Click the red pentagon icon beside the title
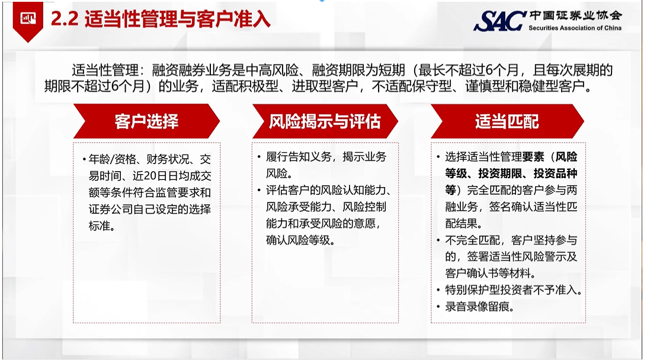[28, 21]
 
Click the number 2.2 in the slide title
[65, 19]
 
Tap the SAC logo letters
[499, 21]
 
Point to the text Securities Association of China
[575, 28]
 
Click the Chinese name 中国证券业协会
[576, 15]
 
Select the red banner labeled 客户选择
[146, 121]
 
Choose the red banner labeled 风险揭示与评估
[325, 121]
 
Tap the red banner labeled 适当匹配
[507, 121]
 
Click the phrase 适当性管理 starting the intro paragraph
[105, 70]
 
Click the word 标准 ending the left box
[100, 226]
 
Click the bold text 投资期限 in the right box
[500, 173]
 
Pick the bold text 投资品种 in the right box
[555, 173]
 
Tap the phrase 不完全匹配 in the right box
[472, 240]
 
